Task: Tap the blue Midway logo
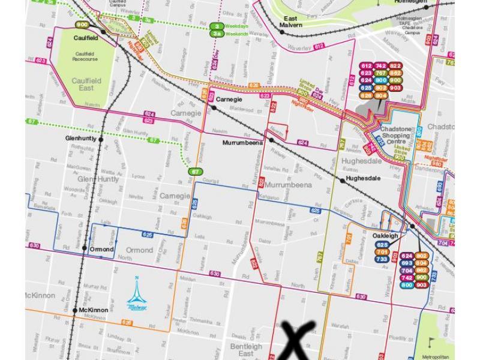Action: pos(136,295)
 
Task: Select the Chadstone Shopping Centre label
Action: pos(395,136)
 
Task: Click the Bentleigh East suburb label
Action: pos(246,350)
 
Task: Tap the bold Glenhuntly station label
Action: pos(81,139)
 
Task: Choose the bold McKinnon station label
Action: pos(93,310)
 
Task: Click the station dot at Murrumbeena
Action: pos(272,140)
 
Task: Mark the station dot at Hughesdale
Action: pos(343,179)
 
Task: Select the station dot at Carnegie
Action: pos(213,107)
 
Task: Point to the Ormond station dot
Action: pos(85,249)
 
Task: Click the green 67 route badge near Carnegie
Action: pos(194,172)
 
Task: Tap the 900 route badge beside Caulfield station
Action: pos(82,25)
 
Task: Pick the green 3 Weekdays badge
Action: pos(217,26)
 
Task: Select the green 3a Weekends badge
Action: pos(217,34)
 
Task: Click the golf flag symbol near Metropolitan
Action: pos(430,342)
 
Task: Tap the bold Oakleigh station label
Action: pos(385,236)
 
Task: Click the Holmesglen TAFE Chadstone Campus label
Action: pos(410,25)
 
